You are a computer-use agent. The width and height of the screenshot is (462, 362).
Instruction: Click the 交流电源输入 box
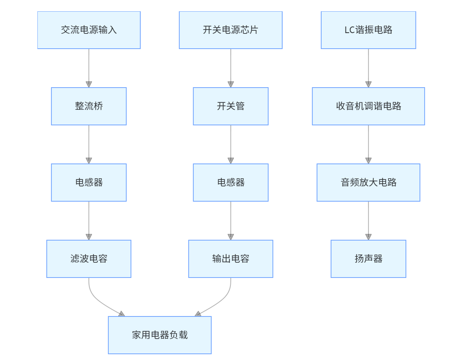(89, 30)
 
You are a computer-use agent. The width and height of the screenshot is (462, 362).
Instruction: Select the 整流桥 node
(89, 106)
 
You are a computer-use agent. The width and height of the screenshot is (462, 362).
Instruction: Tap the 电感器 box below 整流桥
(89, 183)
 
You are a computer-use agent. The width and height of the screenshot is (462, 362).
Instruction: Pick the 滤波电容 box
(89, 259)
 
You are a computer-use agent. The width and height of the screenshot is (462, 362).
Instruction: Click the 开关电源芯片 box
(230, 30)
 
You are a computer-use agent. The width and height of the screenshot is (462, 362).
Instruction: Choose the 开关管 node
(230, 106)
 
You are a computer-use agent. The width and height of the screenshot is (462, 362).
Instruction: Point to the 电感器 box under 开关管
(230, 183)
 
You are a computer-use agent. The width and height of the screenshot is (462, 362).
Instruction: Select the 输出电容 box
(230, 259)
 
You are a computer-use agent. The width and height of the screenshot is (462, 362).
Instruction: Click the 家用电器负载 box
(160, 335)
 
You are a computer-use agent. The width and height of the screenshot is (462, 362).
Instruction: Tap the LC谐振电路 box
(368, 30)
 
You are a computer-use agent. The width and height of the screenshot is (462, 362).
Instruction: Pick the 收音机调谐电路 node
(368, 106)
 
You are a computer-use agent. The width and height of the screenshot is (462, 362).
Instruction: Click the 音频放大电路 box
(368, 183)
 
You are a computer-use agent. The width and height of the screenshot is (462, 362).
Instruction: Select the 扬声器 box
(368, 259)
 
